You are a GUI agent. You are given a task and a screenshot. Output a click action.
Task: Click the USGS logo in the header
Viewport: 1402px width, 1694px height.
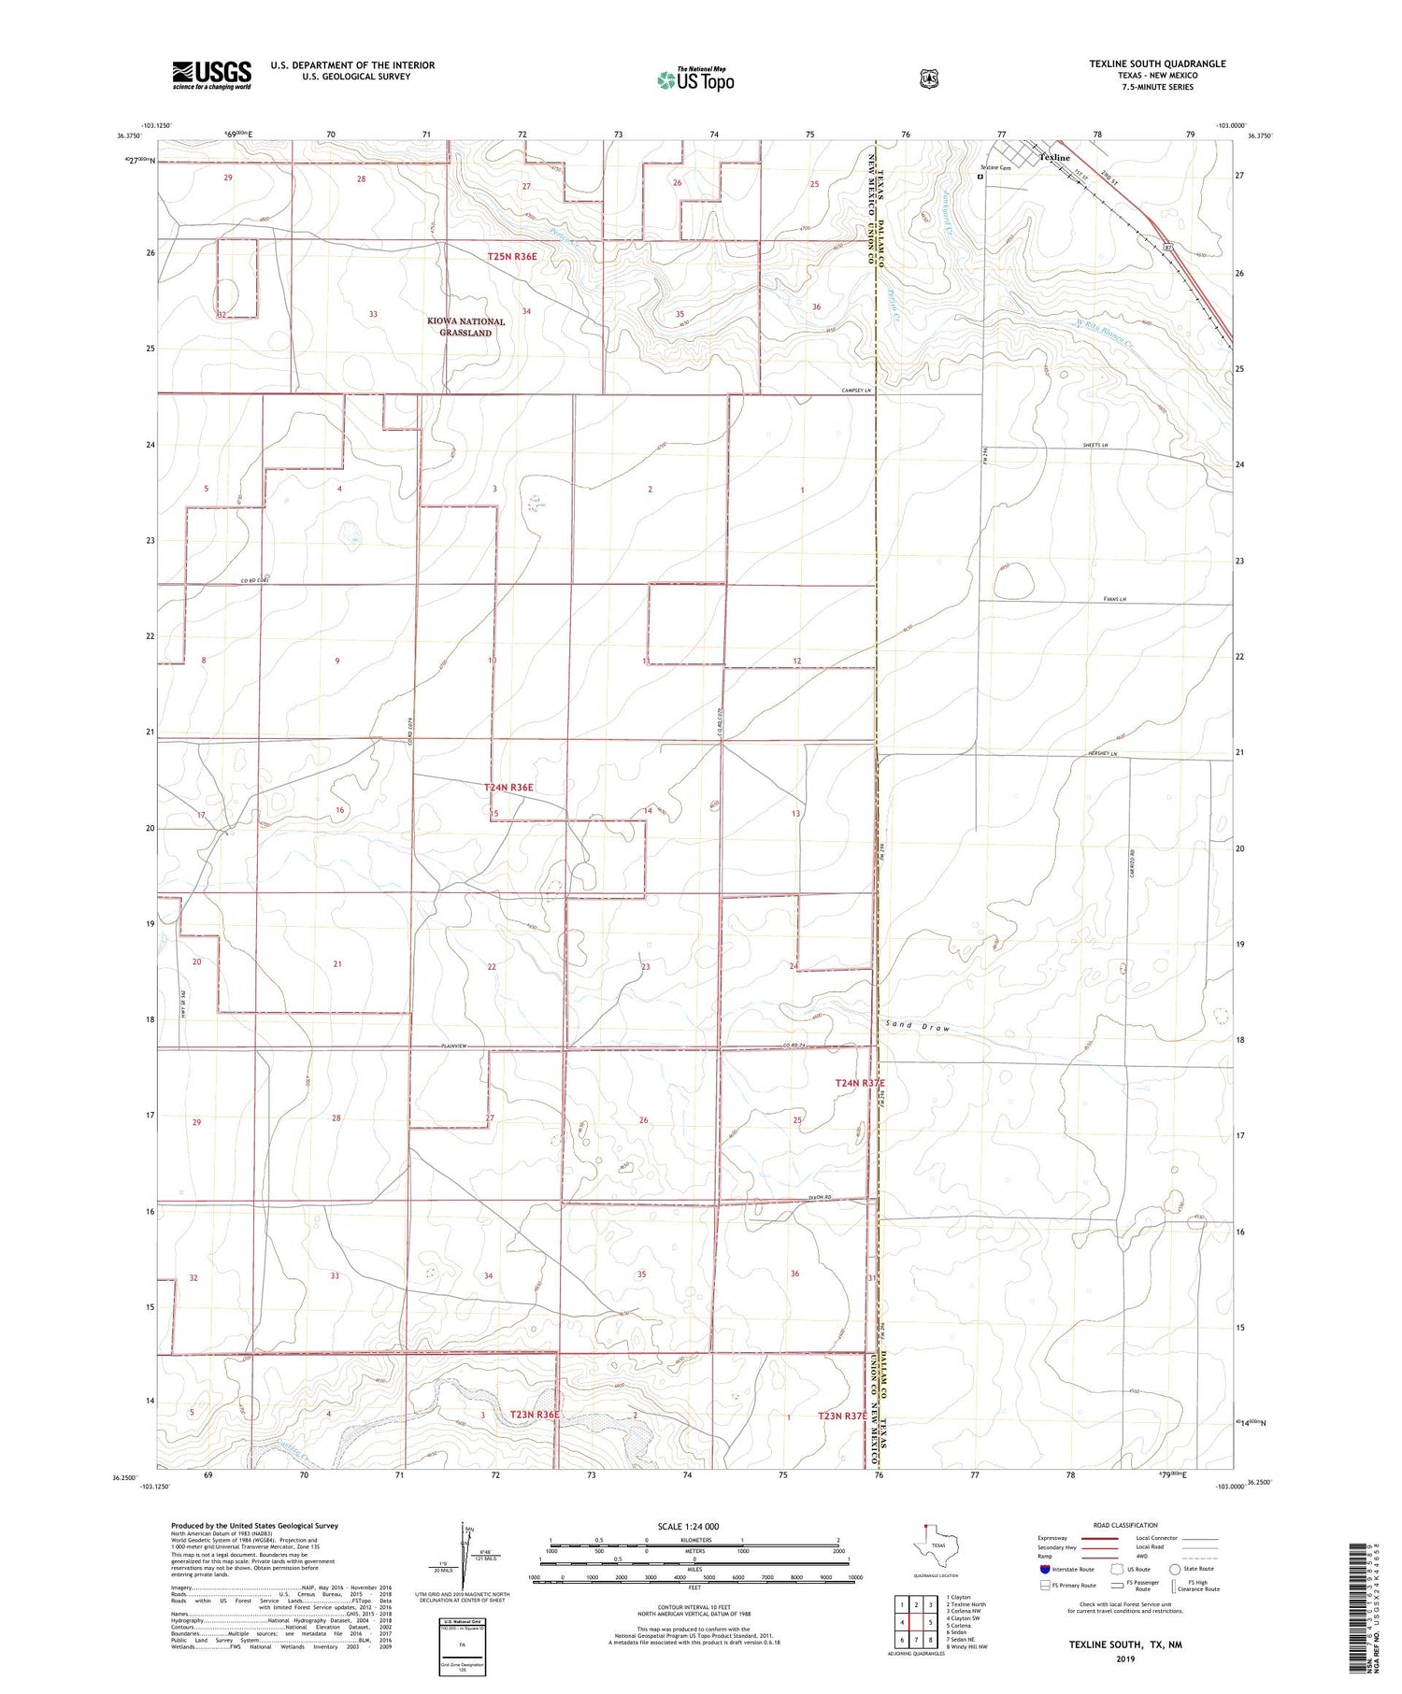[x=211, y=75]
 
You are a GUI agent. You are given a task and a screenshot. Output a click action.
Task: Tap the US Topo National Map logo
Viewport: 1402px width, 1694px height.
[x=696, y=79]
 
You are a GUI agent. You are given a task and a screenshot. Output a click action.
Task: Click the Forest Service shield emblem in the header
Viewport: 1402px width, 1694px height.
[x=929, y=79]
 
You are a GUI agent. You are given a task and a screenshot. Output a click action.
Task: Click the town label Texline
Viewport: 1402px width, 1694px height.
[x=1054, y=158]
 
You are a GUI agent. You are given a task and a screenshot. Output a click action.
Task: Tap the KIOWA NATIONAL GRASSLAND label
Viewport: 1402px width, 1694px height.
[x=465, y=326]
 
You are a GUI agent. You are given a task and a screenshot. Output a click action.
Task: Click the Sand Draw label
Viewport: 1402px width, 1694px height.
[x=917, y=1027]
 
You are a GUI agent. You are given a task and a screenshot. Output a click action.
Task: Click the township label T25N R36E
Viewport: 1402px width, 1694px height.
[x=512, y=256]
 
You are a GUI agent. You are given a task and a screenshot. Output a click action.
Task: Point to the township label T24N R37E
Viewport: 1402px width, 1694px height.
[x=859, y=1083]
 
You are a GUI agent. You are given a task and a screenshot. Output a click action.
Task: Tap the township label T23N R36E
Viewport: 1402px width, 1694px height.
[x=535, y=1415]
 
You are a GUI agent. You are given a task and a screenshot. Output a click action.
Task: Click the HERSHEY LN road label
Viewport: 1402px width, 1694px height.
[x=1102, y=754]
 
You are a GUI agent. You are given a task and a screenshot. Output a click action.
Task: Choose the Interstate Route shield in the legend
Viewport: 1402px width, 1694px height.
[x=1045, y=1569]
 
